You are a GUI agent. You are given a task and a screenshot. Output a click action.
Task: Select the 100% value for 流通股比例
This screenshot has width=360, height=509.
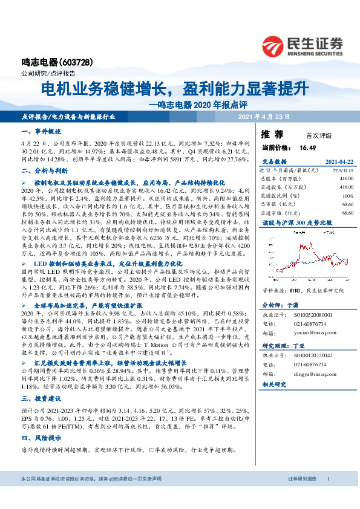(x=347, y=196)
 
